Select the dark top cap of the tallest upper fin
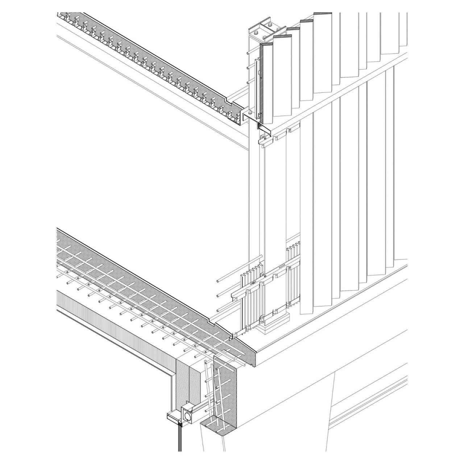pos(323,14)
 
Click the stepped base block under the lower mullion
pos(275,327)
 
